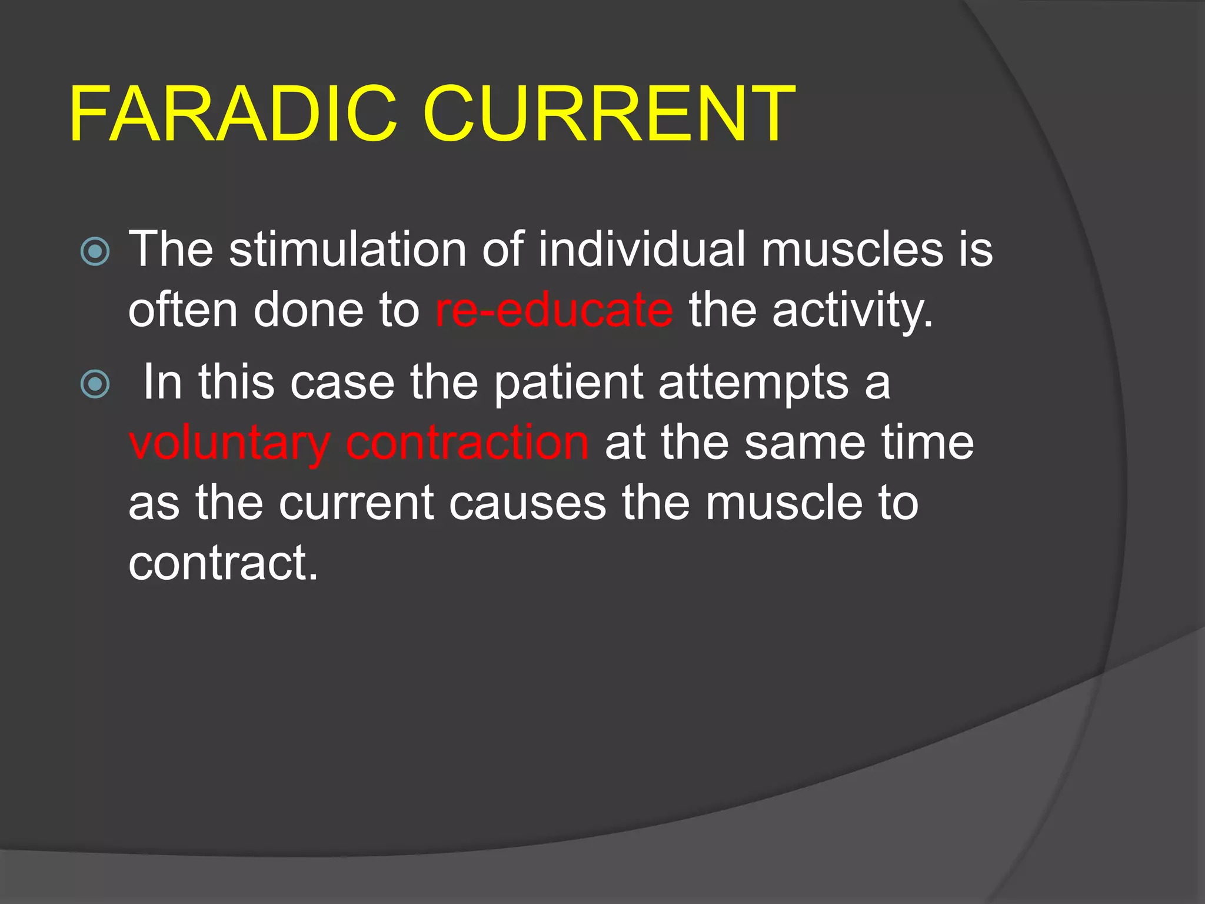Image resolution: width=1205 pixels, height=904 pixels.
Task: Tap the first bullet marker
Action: click(x=95, y=251)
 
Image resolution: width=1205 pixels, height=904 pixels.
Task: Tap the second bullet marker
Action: click(x=95, y=384)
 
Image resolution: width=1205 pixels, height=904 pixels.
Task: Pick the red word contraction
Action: click(x=467, y=443)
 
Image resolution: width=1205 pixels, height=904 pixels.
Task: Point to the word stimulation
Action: click(x=347, y=250)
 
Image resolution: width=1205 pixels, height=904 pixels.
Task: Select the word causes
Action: click(x=527, y=504)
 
